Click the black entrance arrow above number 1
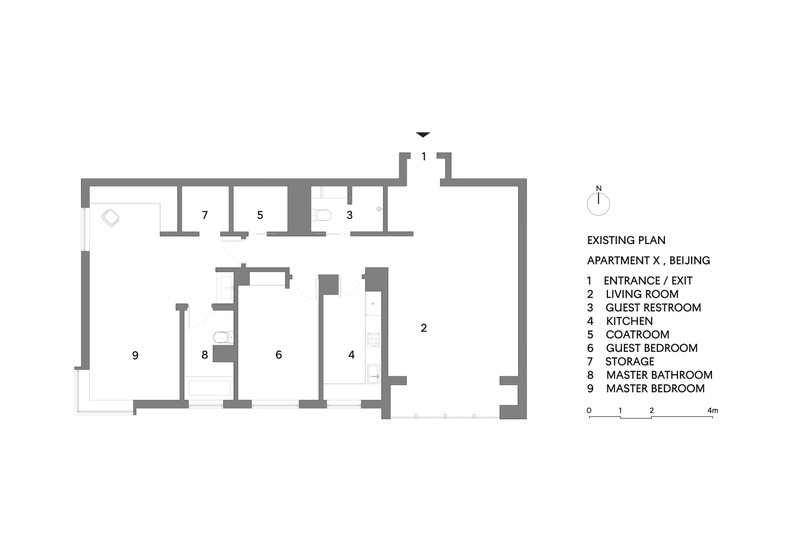coord(423,135)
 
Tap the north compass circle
coord(598,204)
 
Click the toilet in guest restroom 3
coord(322,215)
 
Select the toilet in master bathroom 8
coord(223,337)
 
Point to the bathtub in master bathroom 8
coord(210,388)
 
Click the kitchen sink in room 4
coord(373,374)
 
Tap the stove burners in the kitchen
coord(373,340)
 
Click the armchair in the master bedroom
coord(111,218)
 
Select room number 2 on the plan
coord(424,328)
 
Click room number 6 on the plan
coord(279,355)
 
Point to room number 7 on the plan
coord(205,215)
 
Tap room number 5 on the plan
coord(260,215)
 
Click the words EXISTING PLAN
coord(626,241)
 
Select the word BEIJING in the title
coord(690,260)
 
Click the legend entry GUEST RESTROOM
coord(653,307)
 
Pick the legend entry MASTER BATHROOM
coord(659,375)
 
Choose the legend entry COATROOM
coord(638,334)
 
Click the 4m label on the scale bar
coord(712,410)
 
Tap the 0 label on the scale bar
coord(589,410)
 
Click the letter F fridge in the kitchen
coord(373,303)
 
